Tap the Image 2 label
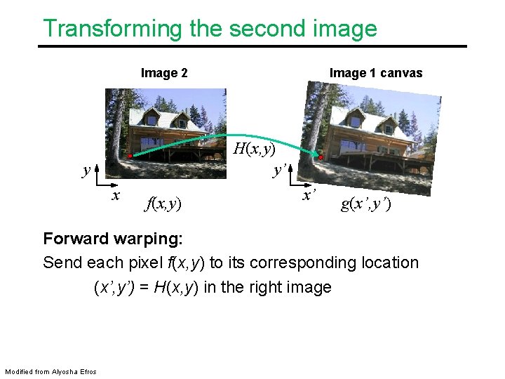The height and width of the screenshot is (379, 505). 164,73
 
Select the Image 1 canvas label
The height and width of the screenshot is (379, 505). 376,73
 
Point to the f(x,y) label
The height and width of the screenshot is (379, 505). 163,204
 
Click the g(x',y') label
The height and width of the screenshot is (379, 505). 366,204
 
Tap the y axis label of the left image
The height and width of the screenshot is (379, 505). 86,171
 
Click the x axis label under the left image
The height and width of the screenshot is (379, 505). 116,194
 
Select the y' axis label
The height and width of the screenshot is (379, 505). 279,171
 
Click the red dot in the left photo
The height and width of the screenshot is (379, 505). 130,155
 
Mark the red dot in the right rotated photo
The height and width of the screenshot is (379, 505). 321,158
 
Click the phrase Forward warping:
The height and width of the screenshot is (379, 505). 112,239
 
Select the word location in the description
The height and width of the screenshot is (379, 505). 388,262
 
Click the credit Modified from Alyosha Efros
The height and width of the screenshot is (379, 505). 50,371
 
